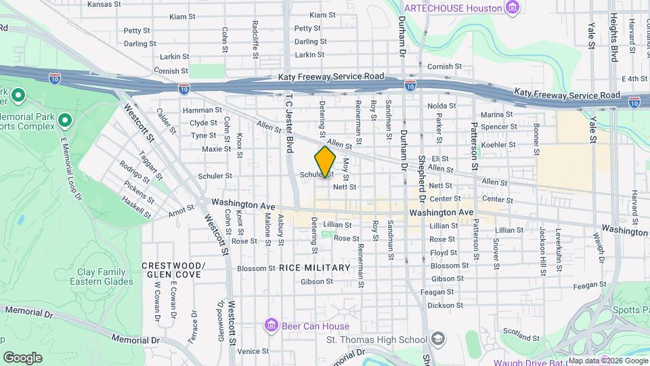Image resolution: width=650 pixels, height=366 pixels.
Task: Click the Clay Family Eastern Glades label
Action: (x=102, y=277)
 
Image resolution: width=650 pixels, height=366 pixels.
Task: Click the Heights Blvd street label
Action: (x=615, y=37)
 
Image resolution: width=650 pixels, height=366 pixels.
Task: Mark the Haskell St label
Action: (x=136, y=206)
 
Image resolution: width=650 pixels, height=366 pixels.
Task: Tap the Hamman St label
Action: (x=198, y=110)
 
